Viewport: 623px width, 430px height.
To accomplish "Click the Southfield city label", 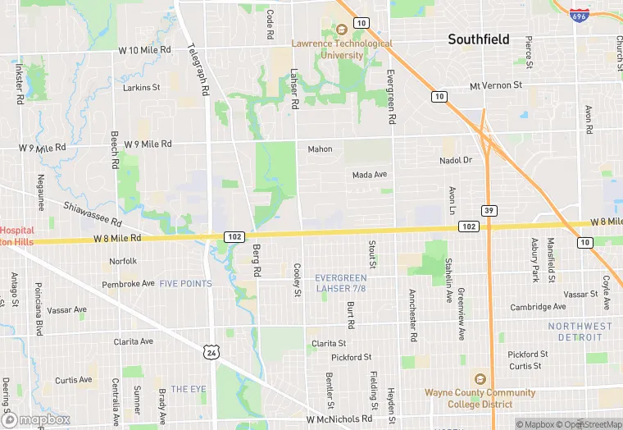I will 478,39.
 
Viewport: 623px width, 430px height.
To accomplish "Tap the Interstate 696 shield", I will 579,15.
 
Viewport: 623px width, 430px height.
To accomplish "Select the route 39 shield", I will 488,210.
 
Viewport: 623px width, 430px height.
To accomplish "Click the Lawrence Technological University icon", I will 334,30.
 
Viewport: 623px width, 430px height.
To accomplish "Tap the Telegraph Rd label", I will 199,68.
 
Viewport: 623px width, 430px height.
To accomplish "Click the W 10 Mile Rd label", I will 144,50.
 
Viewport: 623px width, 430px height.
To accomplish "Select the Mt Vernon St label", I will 495,85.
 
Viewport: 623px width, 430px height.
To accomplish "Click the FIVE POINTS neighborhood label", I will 185,284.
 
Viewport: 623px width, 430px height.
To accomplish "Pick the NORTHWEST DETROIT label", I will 580,332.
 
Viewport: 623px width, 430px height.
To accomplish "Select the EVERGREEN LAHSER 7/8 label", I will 341,283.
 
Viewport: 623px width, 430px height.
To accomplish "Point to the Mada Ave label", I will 369,175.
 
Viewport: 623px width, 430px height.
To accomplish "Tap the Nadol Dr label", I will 456,160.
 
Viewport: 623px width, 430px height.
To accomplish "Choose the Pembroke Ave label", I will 128,284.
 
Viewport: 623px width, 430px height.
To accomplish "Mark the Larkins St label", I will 141,87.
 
